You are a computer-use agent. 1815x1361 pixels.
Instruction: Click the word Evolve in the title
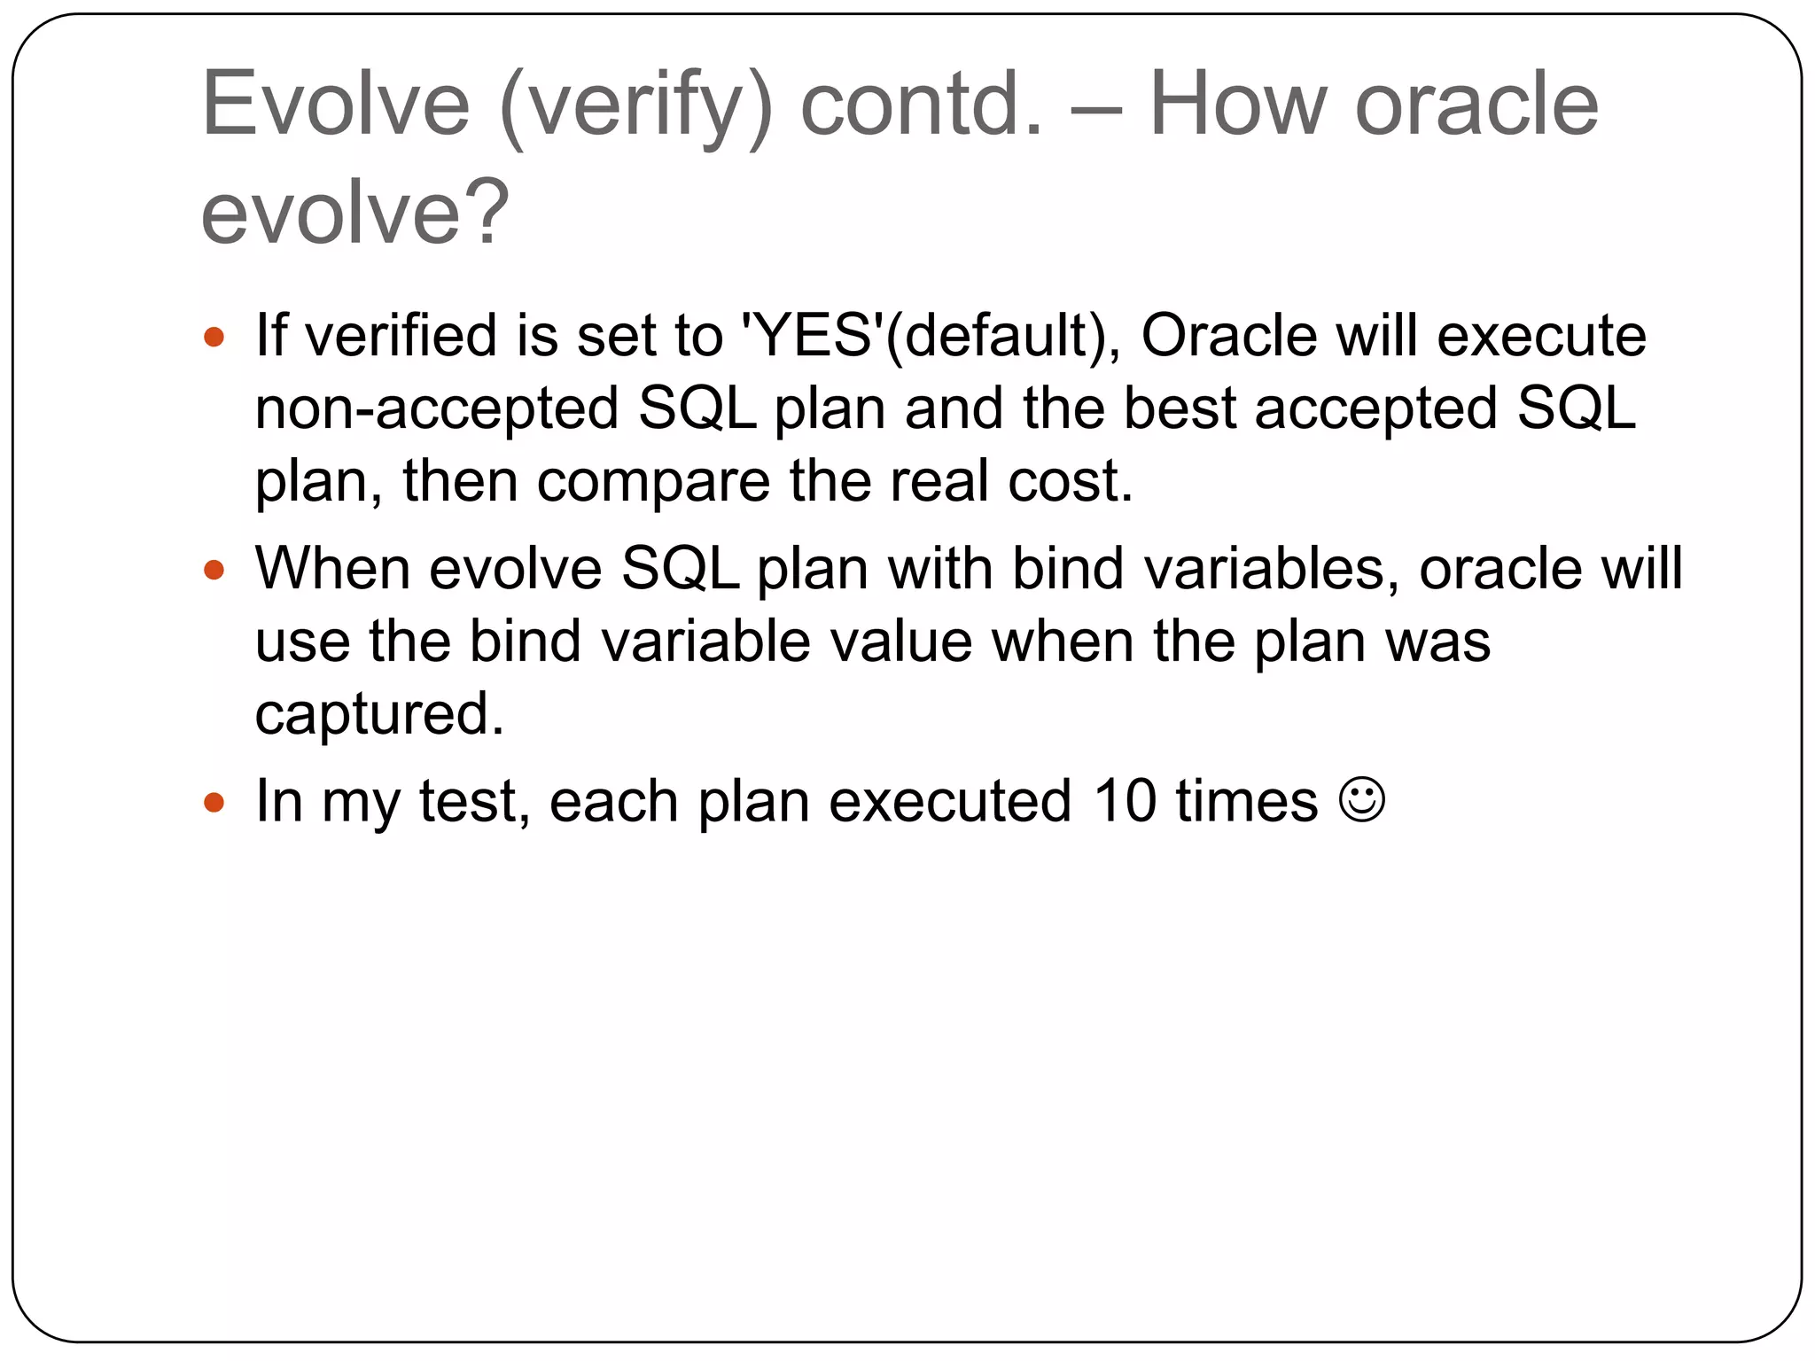(335, 105)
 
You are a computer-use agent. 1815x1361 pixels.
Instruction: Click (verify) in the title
(636, 106)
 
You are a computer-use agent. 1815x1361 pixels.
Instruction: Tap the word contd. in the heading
(922, 105)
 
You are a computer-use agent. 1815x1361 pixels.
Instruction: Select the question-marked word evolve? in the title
(354, 213)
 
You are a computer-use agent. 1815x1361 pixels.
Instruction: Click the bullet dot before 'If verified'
(214, 338)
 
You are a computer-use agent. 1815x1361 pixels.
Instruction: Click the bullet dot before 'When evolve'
(214, 570)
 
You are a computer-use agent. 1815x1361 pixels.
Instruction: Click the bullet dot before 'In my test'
(214, 803)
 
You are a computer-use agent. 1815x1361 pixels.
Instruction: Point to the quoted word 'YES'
(811, 337)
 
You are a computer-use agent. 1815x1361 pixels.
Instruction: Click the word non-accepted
(436, 409)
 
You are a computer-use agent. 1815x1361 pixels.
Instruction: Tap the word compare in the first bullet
(653, 482)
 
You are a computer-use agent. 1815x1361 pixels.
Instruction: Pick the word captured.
(378, 714)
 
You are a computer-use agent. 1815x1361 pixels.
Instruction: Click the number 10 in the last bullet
(1125, 802)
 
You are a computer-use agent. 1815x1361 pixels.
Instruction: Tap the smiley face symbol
(1361, 800)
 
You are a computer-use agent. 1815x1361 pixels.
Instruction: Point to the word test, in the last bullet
(473, 802)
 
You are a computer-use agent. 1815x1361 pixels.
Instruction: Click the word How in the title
(1239, 105)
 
